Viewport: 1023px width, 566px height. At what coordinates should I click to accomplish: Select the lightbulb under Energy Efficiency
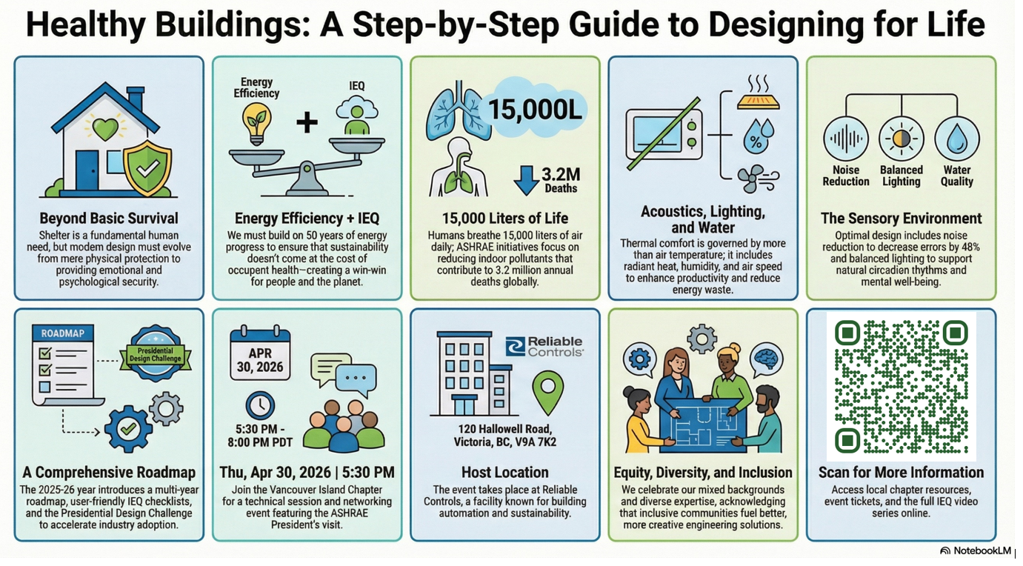pos(257,122)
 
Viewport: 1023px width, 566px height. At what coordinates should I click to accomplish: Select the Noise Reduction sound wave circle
pos(846,139)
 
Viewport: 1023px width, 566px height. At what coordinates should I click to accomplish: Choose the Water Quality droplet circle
pos(957,139)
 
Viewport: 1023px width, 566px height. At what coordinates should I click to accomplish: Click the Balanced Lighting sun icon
pos(902,139)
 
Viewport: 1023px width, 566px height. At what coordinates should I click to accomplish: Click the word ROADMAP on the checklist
pos(62,333)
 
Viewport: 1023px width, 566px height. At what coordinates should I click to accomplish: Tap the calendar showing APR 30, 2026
pos(260,353)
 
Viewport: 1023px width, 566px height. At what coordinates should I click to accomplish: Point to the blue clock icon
pos(260,406)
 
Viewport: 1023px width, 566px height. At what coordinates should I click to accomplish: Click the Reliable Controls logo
pos(544,347)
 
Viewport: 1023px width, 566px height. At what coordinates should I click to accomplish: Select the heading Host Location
pos(504,473)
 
